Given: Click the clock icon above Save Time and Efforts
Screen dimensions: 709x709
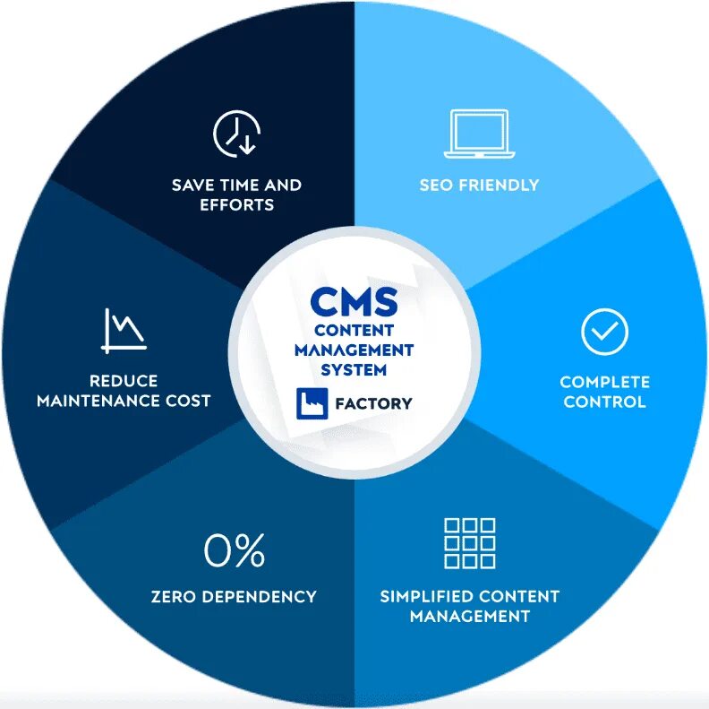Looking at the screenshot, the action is click(x=236, y=134).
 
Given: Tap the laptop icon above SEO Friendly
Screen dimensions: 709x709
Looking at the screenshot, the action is click(x=479, y=132).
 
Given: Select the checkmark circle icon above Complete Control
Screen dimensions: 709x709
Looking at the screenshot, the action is click(x=605, y=332).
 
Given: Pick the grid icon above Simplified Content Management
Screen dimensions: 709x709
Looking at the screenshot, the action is click(x=469, y=542).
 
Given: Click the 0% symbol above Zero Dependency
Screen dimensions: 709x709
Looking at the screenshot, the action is click(x=235, y=550).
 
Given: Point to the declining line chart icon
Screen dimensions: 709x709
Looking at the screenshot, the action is click(x=124, y=329).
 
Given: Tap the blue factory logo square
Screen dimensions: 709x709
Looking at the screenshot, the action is click(x=311, y=402).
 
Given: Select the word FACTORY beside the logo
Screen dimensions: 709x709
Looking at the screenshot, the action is click(x=373, y=403).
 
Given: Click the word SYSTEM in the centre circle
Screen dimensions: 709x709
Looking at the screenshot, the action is click(x=354, y=369).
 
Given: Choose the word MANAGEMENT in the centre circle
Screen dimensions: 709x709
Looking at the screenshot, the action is click(x=354, y=350).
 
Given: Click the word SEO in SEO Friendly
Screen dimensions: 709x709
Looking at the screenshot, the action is click(x=436, y=186).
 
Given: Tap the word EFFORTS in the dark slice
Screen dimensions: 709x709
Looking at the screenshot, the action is click(x=236, y=204).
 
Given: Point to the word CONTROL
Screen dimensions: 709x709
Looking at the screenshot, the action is click(x=605, y=402).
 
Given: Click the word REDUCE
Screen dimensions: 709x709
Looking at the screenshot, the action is click(x=124, y=381).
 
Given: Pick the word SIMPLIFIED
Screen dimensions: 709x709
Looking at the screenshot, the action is click(x=426, y=596).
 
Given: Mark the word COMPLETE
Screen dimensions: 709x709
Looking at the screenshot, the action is click(x=605, y=382).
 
